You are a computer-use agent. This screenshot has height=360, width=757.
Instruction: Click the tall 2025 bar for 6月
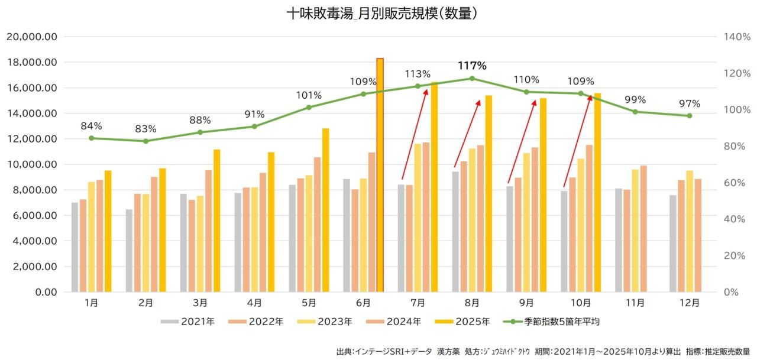point(380,175)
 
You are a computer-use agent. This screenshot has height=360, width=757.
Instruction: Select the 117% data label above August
point(472,65)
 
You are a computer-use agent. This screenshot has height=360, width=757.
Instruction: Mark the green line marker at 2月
point(145,141)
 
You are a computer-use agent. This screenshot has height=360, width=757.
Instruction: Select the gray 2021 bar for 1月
point(75,247)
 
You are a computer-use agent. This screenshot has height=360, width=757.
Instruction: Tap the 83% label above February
point(145,129)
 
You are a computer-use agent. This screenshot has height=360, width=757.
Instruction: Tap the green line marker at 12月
point(690,116)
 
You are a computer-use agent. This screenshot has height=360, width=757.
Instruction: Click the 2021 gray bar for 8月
point(455,232)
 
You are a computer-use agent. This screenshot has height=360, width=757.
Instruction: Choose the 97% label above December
point(690,103)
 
